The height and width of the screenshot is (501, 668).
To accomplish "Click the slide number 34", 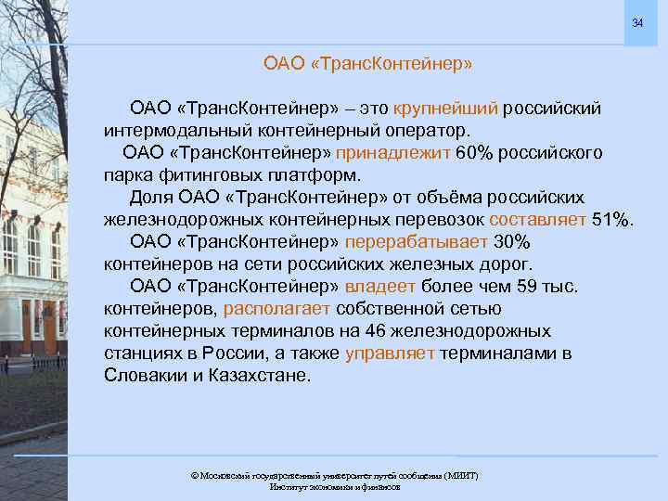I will [637, 22].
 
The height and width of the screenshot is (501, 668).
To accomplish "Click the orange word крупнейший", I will [448, 109].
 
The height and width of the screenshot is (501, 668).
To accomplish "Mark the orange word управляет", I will [390, 353].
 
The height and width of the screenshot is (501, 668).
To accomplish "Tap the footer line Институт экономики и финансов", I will [334, 486].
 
